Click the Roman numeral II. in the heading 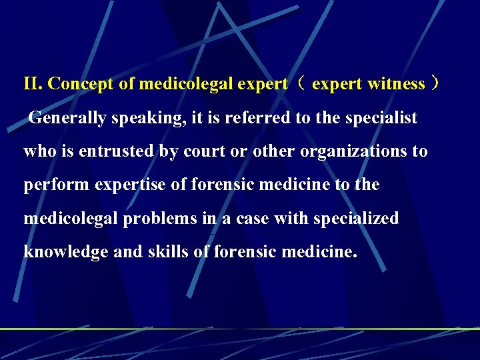pos(34,84)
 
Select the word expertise pos(131,185)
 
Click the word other pos(274,151)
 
